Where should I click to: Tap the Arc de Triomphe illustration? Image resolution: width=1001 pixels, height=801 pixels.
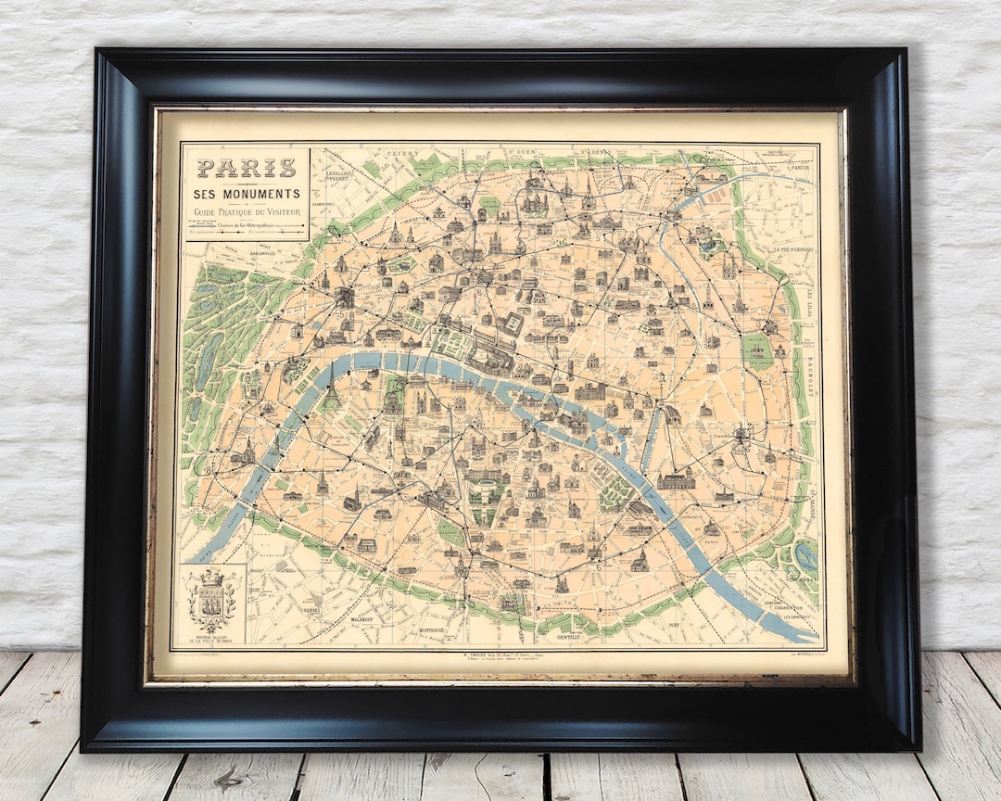[345, 297]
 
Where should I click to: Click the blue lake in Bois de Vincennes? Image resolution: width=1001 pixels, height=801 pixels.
[805, 556]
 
